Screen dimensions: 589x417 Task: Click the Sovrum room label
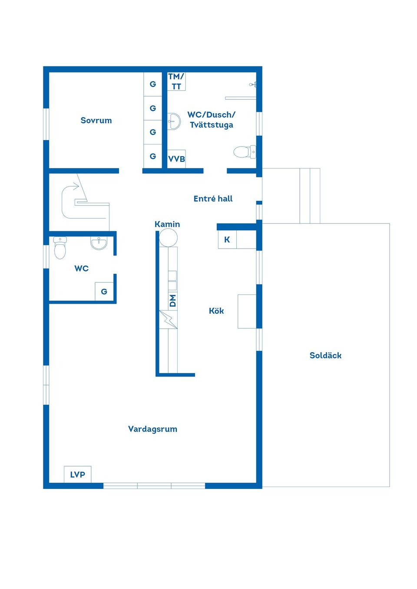click(x=96, y=121)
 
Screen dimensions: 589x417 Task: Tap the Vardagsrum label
click(x=152, y=429)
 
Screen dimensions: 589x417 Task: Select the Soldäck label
click(x=325, y=356)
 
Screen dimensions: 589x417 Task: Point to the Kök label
click(x=216, y=311)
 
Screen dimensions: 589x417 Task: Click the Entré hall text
click(x=213, y=199)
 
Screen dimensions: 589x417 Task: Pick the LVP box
click(x=78, y=474)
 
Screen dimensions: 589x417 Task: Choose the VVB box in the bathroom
click(x=176, y=159)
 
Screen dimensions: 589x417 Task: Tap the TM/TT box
click(x=176, y=82)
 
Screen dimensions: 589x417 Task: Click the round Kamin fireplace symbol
click(x=168, y=238)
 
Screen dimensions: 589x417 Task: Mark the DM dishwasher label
click(x=173, y=301)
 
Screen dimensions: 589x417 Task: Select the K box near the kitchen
click(x=227, y=240)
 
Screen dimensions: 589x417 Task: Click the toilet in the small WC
click(x=60, y=248)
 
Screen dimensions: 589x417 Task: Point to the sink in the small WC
click(x=99, y=243)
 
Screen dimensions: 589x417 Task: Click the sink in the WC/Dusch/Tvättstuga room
click(x=174, y=121)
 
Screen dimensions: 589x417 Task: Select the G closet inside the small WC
click(x=104, y=291)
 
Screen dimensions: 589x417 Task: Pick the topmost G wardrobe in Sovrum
click(x=153, y=84)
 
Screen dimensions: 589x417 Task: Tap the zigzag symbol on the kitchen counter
click(x=169, y=320)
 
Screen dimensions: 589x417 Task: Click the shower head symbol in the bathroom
click(x=253, y=85)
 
